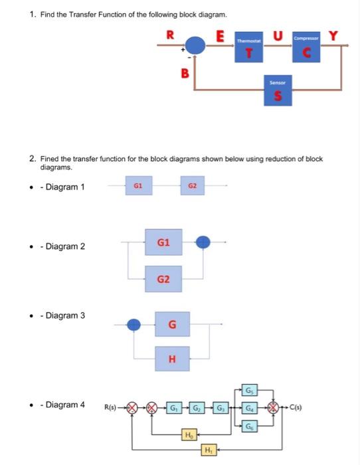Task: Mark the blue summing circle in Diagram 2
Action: tap(204, 242)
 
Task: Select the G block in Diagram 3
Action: tap(172, 325)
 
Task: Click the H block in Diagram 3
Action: tap(172, 359)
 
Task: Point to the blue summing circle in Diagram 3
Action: tap(134, 325)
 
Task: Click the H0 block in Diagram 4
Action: tap(189, 435)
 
